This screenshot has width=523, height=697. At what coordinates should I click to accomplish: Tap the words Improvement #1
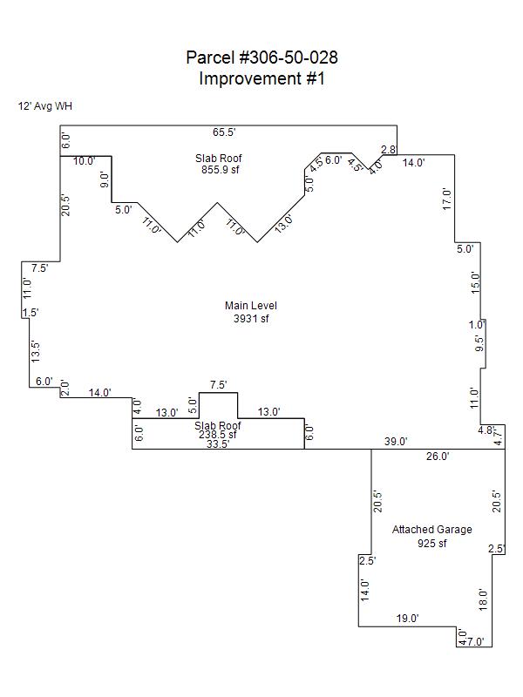coord(261,78)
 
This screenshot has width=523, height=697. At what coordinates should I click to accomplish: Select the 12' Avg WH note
coord(44,106)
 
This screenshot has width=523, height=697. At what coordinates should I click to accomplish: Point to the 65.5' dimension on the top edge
coord(225,132)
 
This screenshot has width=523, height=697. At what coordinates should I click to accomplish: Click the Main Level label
coord(251,305)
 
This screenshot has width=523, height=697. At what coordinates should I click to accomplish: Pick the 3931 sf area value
coord(251,318)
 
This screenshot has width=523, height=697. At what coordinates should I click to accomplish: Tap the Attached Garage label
coord(431,530)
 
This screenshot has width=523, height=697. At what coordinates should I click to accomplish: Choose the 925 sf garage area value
coord(431,543)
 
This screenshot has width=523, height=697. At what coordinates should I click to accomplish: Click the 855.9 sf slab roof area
coord(218,170)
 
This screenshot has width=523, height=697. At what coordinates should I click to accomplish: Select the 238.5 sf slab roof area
coord(218,435)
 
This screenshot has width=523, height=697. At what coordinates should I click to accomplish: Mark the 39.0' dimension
coord(396,442)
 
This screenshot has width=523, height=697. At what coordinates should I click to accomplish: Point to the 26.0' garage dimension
coord(438,456)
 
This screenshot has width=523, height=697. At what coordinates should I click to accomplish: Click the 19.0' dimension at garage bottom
coord(408,618)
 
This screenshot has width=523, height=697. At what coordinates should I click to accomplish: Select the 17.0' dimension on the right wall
coord(447,199)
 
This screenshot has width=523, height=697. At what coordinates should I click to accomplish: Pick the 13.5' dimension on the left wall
coord(35,351)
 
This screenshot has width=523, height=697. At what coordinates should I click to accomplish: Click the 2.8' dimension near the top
coord(389,151)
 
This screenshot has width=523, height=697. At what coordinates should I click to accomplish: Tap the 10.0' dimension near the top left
coord(85,161)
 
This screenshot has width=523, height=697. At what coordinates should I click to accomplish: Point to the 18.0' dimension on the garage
coord(483,599)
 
